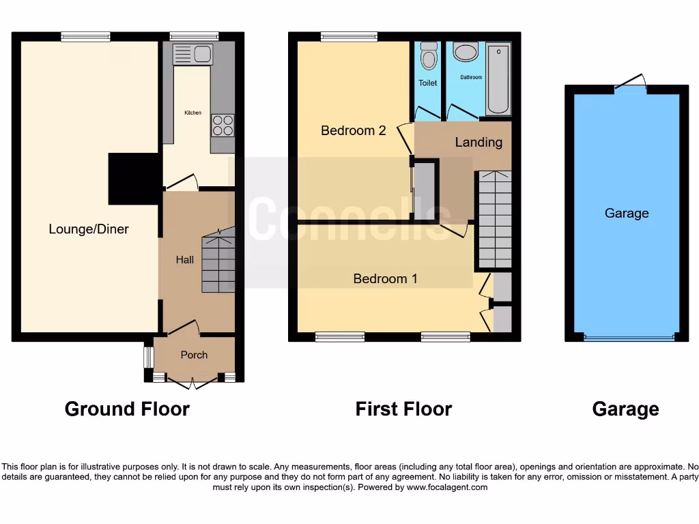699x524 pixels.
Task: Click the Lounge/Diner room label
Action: [x=89, y=229]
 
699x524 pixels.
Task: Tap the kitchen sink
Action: [x=193, y=54]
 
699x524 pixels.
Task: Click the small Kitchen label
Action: [x=192, y=113]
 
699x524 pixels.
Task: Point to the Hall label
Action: [x=184, y=260]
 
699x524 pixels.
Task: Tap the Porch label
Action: [x=194, y=355]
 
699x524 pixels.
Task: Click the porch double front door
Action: [x=193, y=383]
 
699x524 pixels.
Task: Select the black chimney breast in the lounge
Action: [x=134, y=178]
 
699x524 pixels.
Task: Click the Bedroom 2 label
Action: [x=354, y=130]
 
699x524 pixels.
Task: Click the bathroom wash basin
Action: [x=466, y=53]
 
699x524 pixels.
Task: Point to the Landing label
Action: [x=479, y=142]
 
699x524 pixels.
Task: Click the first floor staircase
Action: [x=492, y=218]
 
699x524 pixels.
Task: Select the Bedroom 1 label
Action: [x=385, y=278]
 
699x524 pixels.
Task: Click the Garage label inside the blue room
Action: [x=627, y=214]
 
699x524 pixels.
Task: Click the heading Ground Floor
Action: [x=127, y=409]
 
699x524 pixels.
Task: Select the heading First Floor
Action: [x=403, y=409]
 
